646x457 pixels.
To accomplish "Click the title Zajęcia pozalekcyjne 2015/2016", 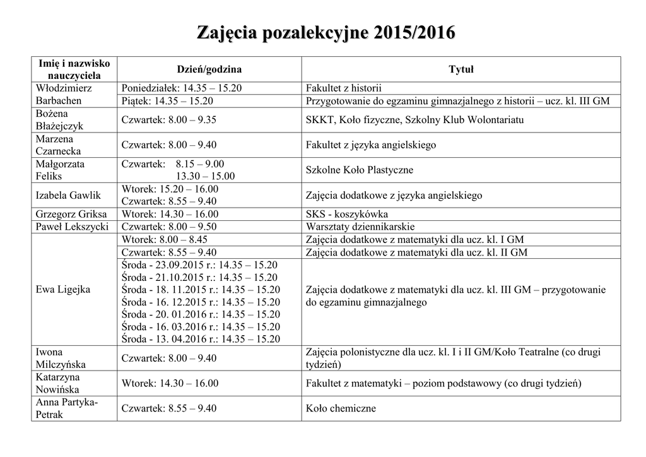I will [x=326, y=33].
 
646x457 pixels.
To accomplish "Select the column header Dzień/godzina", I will [x=208, y=69].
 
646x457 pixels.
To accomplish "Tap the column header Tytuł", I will [x=461, y=69].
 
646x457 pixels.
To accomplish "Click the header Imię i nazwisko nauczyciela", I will [x=74, y=69].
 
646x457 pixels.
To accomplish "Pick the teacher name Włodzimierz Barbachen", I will [x=64, y=95].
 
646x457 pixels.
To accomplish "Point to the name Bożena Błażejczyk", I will [x=60, y=120].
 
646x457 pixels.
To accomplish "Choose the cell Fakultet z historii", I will [x=344, y=88].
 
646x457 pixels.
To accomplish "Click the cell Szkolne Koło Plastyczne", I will [x=360, y=170].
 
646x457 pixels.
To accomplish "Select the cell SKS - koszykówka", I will [x=347, y=215].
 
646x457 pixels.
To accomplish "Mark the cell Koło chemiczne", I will [x=341, y=408].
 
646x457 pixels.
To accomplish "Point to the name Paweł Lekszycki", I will [x=72, y=227].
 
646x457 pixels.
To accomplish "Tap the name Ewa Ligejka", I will [x=63, y=290].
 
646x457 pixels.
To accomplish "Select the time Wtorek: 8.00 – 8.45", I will [x=165, y=240].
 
